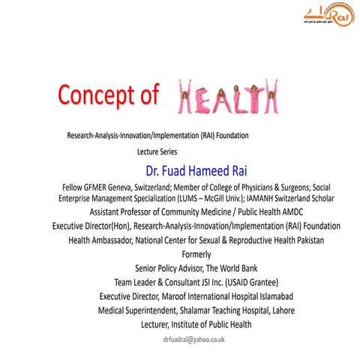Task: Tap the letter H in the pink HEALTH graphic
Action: pyautogui.click(x=190, y=97)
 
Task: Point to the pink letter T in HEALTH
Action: pyautogui.click(x=261, y=97)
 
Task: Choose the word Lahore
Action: pyautogui.click(x=277, y=310)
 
